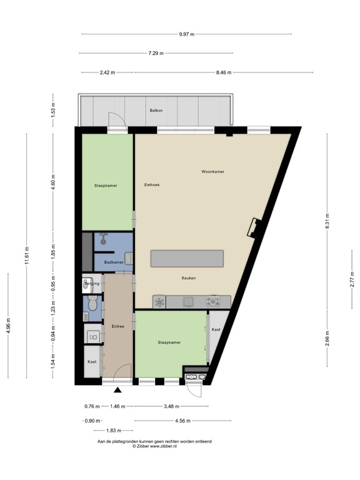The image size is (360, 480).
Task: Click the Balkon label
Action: [156, 111]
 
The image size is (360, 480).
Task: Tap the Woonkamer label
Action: [212, 171]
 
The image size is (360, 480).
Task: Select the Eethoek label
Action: [152, 184]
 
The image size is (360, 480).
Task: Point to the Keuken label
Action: [189, 278]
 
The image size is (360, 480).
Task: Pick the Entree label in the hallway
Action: [117, 326]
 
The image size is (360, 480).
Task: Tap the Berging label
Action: [92, 283]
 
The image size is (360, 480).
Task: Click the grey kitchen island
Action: [187, 259]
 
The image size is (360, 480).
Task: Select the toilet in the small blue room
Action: [92, 305]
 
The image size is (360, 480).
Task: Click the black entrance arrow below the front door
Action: [117, 391]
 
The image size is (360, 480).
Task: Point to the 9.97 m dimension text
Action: [187, 34]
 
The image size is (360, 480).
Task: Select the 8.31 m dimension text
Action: [327, 220]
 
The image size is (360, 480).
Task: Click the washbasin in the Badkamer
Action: [128, 258]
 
